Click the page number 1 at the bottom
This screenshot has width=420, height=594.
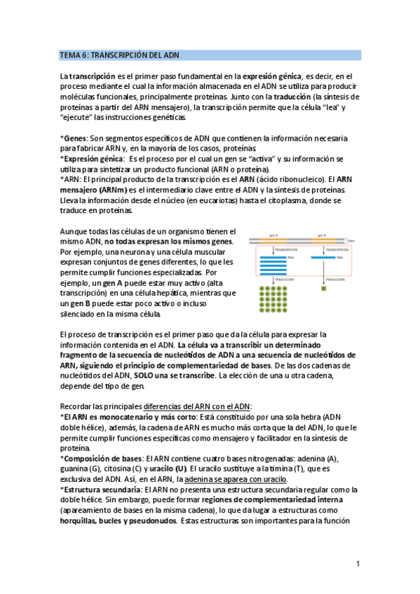pos(358,564)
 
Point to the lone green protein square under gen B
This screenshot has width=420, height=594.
pos(324,288)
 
